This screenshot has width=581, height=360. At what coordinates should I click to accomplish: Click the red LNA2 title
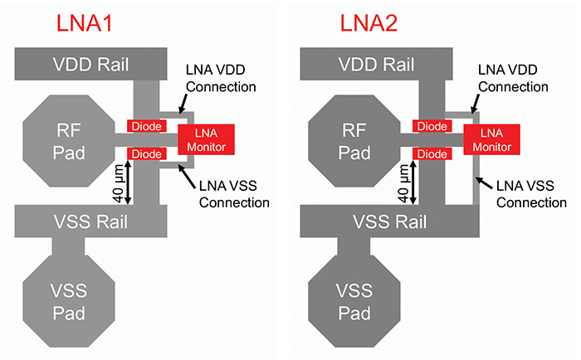coord(370,22)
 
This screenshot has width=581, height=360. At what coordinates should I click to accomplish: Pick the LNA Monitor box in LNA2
coord(491,139)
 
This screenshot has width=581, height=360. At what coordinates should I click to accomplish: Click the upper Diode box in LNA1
coord(144,125)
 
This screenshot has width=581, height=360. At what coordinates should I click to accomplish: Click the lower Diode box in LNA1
coord(144,154)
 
